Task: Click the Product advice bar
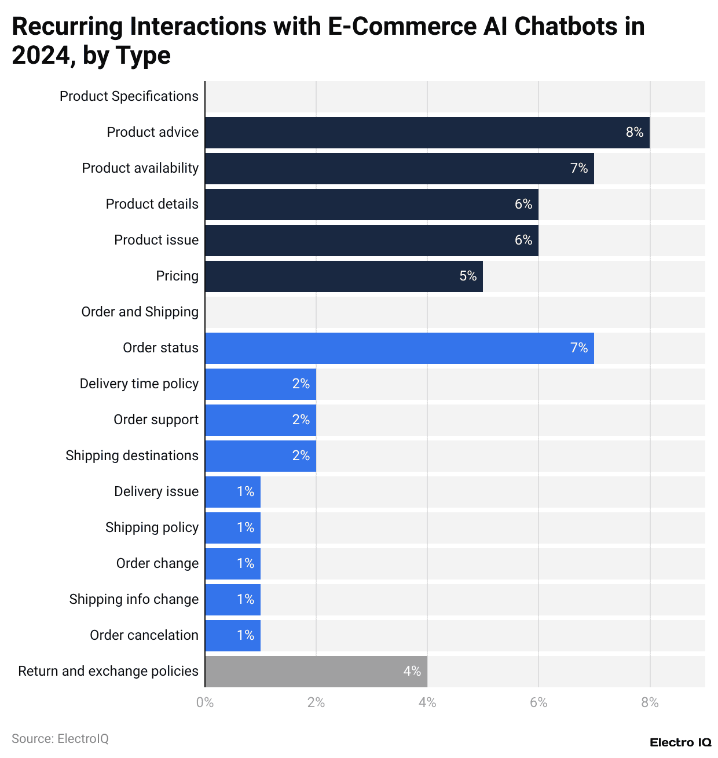coord(427,133)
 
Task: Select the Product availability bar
coord(399,169)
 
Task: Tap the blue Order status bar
coord(399,348)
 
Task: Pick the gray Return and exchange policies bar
coord(316,672)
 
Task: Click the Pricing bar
coord(343,276)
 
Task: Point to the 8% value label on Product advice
coord(635,133)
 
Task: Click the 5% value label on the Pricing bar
coord(468,276)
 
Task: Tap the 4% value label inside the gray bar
coord(412,672)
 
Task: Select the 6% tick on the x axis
coord(538,702)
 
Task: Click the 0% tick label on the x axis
coord(205,702)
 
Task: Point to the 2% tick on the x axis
coord(316,702)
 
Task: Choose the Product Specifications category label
coord(129,97)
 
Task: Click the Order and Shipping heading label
coord(140,312)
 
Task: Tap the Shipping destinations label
coord(132,456)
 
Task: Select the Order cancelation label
coord(144,636)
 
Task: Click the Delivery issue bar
coord(233,492)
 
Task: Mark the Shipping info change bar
coord(233,600)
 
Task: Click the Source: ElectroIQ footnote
coord(60,739)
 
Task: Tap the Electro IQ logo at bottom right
coord(680,743)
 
